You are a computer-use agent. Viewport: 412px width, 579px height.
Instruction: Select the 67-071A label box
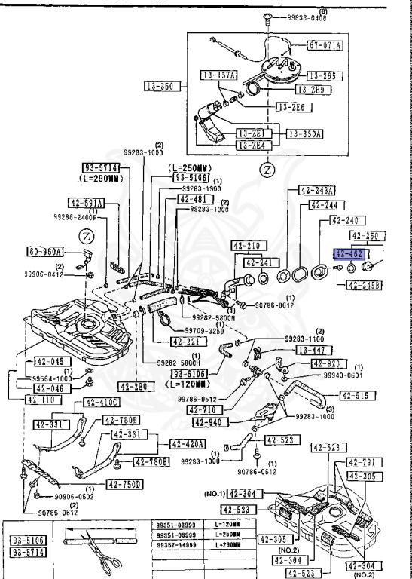point(325,45)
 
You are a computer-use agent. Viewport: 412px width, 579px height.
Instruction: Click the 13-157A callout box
point(218,75)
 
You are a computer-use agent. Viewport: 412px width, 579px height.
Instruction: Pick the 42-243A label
point(318,189)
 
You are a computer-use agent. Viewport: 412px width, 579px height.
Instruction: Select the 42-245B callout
point(365,285)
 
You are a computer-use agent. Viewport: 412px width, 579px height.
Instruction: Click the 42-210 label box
point(246,245)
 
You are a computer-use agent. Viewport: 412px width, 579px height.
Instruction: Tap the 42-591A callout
point(87,203)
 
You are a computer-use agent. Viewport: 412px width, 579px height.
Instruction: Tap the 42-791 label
point(365,462)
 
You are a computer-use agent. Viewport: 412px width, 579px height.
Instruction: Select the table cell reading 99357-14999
point(176,544)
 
